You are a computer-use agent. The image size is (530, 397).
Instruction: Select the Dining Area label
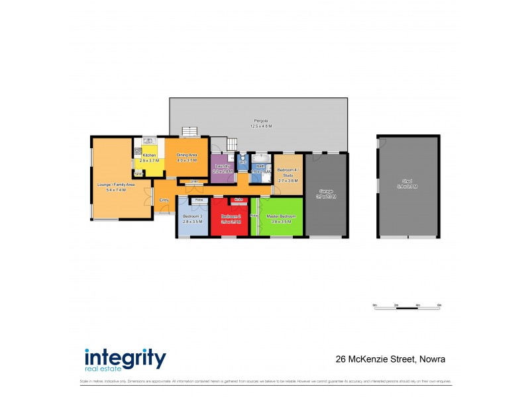[x=187, y=157]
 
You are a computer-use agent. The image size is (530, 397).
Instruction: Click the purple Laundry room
[x=222, y=168]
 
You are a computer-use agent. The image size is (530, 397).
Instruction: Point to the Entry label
[x=164, y=200]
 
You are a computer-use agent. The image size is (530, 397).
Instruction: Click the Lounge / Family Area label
[x=111, y=187]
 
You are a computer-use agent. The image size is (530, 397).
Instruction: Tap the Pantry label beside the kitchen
[x=138, y=174]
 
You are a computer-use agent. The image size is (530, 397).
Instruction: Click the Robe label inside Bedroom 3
[x=198, y=199]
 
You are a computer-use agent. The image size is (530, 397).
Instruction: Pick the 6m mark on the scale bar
[x=439, y=305]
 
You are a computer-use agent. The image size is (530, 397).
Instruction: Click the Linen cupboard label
[x=195, y=181]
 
